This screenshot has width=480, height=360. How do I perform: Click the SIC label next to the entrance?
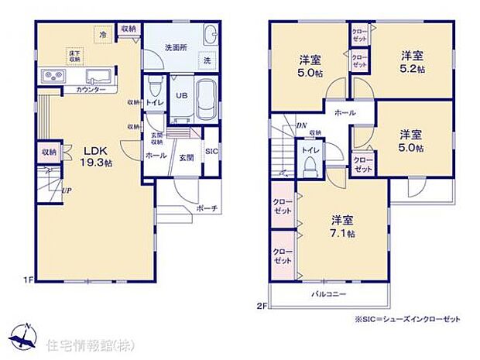[x=210, y=152]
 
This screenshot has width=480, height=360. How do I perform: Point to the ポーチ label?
[x=207, y=207]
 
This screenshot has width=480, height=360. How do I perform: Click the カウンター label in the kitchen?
[x=91, y=89]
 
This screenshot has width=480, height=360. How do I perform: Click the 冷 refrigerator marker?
[x=101, y=34]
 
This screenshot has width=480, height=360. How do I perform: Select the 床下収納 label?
[x=73, y=55]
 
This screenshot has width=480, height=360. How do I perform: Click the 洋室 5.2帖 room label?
[x=413, y=60]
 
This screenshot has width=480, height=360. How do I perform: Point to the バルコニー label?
[x=330, y=295]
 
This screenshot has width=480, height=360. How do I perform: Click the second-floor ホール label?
[x=345, y=113]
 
